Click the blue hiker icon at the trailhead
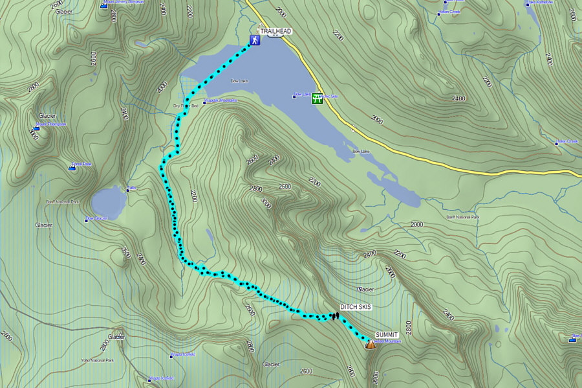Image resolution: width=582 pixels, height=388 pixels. pos(255,40)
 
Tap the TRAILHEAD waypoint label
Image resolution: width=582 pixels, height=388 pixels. pos(275,31)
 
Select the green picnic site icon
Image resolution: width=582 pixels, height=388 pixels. pos(317,98)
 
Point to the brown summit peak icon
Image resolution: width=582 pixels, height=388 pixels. pos(370,344)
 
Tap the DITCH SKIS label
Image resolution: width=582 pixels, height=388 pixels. pos(356,307)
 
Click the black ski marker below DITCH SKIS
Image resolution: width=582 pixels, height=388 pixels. pos(335,315)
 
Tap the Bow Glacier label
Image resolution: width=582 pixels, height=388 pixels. pos(97,220)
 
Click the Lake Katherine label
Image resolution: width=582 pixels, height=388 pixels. pos(540,3)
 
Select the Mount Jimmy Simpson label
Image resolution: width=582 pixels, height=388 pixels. pos(125,3)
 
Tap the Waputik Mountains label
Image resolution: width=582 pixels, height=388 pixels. pos(221,100)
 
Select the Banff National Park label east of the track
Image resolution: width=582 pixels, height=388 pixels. pos(461,217)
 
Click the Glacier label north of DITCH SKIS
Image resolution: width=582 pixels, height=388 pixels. pos(365,289)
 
